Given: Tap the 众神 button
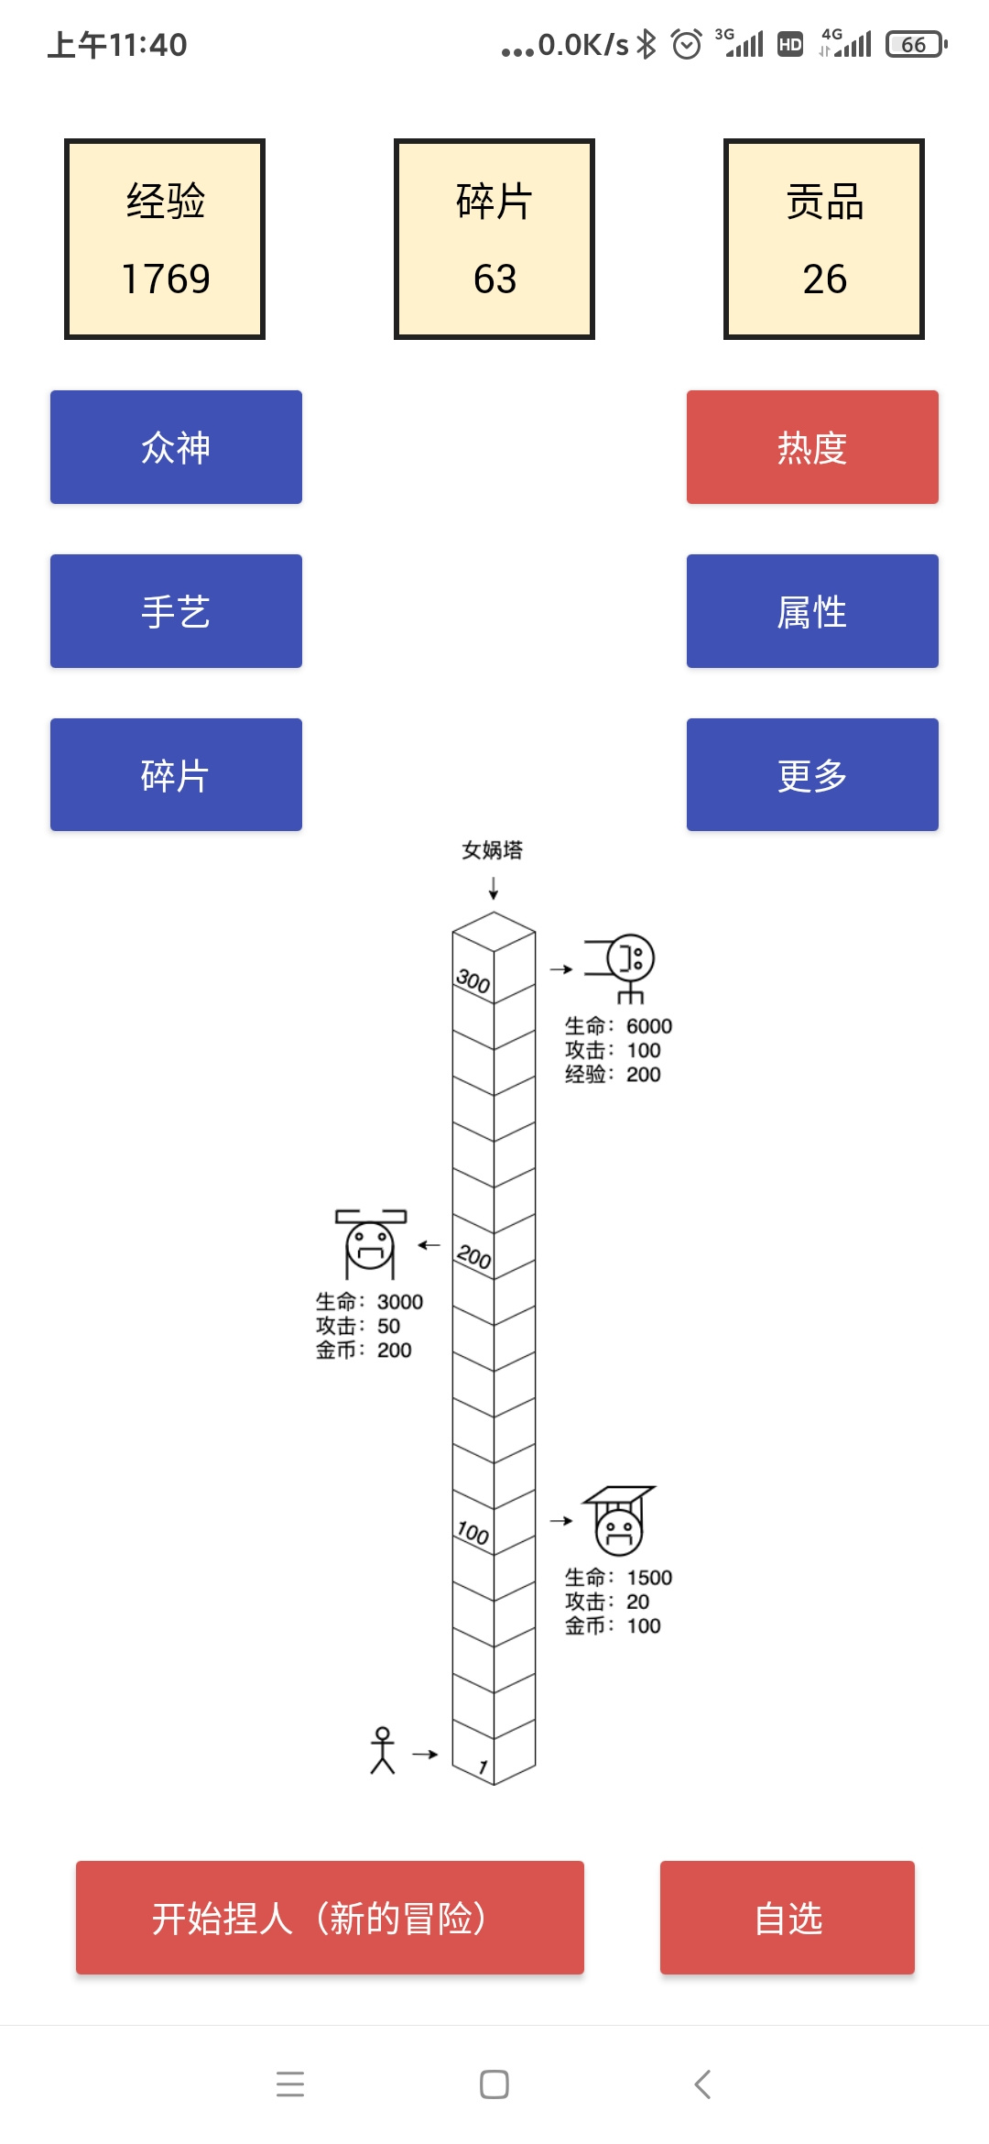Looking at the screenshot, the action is pos(176,447).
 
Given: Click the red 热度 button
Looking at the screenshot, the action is pos(812,447).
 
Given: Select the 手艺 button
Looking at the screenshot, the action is pos(176,611).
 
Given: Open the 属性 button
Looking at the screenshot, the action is pos(812,611).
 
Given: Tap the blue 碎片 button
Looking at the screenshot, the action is pos(176,775).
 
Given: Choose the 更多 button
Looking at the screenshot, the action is pos(812,775).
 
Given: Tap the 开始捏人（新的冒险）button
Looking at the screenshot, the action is pos(330,1918).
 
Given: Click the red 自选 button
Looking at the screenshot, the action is pos(788,1918).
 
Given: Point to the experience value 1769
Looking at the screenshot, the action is pos(166,279).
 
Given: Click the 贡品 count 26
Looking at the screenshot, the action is pos(824,279).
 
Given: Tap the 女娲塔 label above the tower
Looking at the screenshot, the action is pos(493,850).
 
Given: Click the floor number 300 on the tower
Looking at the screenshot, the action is pos(473,981).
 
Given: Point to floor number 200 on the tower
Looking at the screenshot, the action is pos(474,1256).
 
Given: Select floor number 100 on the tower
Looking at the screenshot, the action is pos(473,1532).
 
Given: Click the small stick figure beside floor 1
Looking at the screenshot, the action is pos(383,1750).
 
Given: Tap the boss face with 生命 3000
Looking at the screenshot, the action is pos(370,1244).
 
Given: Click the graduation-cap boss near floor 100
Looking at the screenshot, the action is pos(619,1521).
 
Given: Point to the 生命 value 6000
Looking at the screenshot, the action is pos(649,1026).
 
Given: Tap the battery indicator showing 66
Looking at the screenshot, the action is pos(916,44).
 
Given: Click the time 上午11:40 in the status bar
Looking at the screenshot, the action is pos(117,45).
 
